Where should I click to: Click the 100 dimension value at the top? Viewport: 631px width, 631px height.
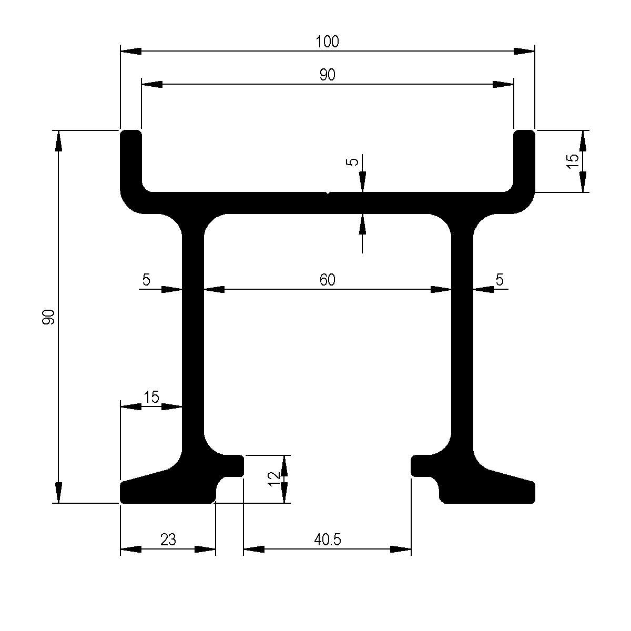pos(328,42)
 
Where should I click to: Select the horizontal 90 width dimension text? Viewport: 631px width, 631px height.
pos(327,75)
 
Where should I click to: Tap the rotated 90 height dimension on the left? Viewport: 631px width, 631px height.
pos(49,317)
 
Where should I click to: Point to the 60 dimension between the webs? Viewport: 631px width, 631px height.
pos(327,280)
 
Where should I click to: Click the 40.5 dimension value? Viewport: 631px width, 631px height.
pos(327,540)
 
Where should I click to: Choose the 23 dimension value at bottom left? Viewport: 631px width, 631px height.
pos(168,540)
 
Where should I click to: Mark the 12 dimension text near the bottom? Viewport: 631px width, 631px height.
pos(273,478)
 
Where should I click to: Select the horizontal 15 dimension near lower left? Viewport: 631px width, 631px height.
pos(151,397)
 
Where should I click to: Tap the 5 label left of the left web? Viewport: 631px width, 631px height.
pos(146,280)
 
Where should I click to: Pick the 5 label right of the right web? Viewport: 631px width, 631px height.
pos(500,280)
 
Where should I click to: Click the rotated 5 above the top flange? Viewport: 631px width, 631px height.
pos(354,162)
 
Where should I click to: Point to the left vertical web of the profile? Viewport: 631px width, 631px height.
pos(193,337)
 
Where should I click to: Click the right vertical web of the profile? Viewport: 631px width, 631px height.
pos(462,337)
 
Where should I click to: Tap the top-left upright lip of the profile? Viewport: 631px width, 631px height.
pos(131,158)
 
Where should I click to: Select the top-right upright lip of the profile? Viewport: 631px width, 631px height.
pos(524,158)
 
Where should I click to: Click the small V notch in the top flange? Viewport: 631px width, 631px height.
pos(328,194)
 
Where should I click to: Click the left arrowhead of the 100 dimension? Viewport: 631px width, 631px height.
pos(131,51)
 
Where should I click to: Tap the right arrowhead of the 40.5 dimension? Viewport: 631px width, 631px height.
pos(401,549)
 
